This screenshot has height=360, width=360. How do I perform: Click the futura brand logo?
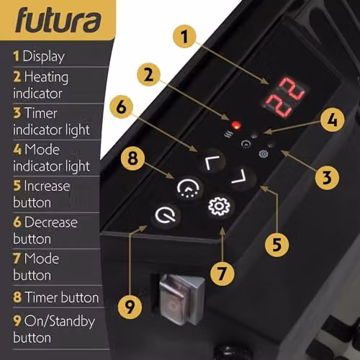coord(58,19)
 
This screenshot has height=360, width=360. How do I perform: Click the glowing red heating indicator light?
coord(236,125)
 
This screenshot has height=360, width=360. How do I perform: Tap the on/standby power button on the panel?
coord(165,215)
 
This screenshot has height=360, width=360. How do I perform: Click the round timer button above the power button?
coord(189,189)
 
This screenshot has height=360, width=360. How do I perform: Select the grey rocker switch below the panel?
coord(181,299)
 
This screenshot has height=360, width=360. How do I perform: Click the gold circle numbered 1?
coord(184,37)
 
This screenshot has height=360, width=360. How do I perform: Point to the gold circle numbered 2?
coord(148,75)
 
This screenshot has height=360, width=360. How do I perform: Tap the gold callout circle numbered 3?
coord(327,178)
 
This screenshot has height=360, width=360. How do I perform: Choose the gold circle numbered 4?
coord(333,120)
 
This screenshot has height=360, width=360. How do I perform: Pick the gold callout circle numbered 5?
coord(276,245)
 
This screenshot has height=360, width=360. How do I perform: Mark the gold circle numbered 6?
coord(121,107)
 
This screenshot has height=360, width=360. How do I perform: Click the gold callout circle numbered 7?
coord(222,274)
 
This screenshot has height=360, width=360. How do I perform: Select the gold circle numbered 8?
coord(132,158)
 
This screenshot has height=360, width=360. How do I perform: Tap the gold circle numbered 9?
coord(130,307)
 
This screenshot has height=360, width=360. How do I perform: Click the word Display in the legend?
coord(44,57)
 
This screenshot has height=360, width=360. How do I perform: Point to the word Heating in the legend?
coord(46,77)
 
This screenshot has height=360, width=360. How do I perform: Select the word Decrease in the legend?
coord(51,222)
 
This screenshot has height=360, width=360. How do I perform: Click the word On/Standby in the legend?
coord(60,321)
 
